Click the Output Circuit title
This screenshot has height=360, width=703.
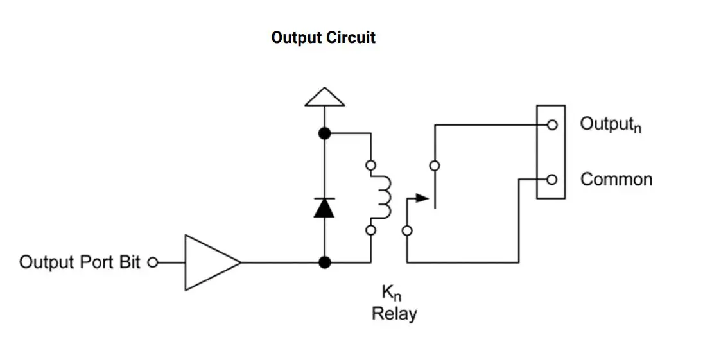coord(323,37)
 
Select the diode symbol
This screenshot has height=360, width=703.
coord(324,208)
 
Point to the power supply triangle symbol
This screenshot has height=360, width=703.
coord(324,97)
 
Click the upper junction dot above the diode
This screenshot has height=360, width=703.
coord(325,133)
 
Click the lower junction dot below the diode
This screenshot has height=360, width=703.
coord(325,262)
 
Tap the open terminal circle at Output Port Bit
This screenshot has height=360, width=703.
coord(152,262)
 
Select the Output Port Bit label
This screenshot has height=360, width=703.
coord(80,262)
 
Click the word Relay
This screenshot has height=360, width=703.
coord(394,314)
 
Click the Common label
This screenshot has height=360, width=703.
coord(616,180)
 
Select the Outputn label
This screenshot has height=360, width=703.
coord(611,124)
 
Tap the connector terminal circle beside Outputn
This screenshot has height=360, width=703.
coord(551,125)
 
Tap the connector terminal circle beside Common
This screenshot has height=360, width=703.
coord(551,180)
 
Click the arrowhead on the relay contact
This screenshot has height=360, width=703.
coord(422,198)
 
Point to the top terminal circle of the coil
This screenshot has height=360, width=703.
coord(370,166)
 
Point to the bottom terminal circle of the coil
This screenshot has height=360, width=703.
coord(370,230)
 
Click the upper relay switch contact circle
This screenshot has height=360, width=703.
coord(435,166)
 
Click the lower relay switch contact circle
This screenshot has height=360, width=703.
coord(406,230)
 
